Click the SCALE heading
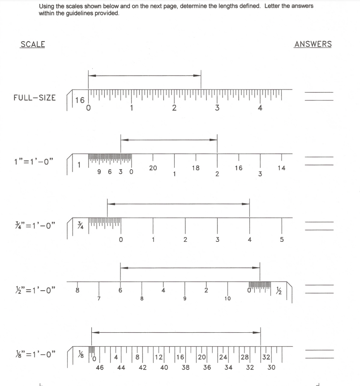pos(33,44)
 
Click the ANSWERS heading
pos(313,44)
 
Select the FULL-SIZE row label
pos(34,97)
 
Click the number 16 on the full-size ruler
pos(80,100)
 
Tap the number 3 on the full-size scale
pos(217,108)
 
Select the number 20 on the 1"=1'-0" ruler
pos(153,168)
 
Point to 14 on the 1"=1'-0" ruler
pos(281,168)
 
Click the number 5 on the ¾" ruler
pos(282,240)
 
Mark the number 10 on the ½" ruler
pos(227,298)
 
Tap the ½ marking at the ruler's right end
pos(279,290)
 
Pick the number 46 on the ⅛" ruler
pos(100,368)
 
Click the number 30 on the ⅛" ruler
pos(271,368)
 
